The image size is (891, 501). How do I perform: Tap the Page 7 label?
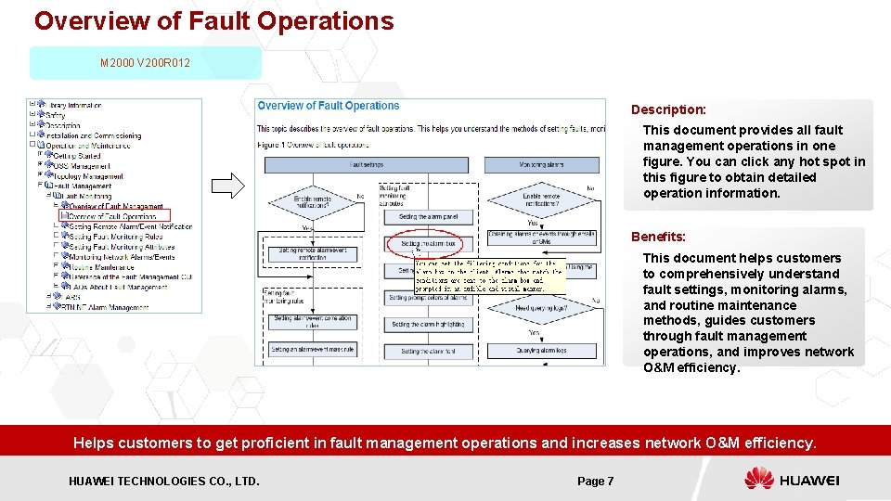(x=595, y=481)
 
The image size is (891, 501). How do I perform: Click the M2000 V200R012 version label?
(x=146, y=63)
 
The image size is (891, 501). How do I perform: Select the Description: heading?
(x=668, y=109)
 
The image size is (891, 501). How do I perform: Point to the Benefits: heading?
(x=658, y=237)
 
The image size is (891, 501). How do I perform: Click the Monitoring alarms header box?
(x=541, y=164)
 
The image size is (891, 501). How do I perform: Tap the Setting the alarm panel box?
(x=422, y=217)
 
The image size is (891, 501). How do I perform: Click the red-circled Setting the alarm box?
(x=421, y=245)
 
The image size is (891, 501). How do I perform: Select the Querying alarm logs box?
(x=541, y=352)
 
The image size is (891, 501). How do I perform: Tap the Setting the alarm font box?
(x=422, y=352)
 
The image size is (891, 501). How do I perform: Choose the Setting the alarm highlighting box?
(x=422, y=325)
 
